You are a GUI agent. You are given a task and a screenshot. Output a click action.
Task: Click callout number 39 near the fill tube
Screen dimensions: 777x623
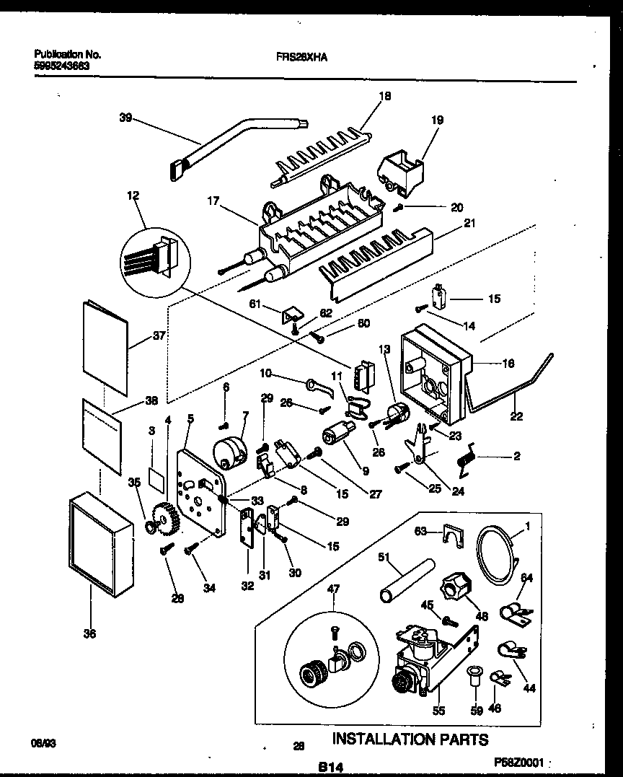(x=125, y=119)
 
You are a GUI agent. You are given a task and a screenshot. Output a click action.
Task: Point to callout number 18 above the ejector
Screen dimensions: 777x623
(x=384, y=96)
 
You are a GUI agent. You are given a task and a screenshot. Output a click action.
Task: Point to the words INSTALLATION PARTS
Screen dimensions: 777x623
(x=410, y=739)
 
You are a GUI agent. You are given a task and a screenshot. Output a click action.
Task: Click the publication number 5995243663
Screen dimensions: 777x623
(x=66, y=65)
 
